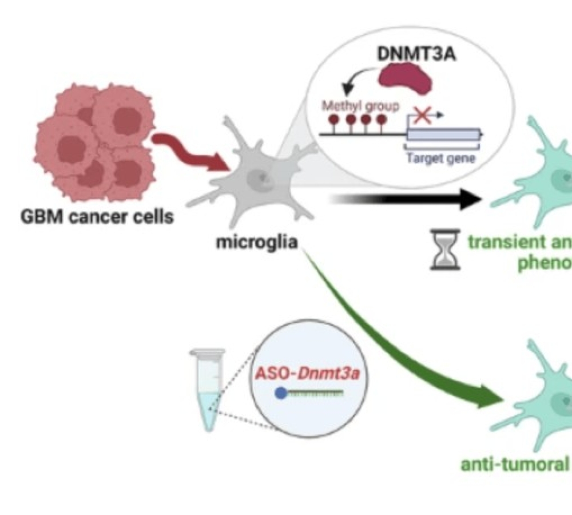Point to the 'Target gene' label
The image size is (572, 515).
click(x=440, y=158)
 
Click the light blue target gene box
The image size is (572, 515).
click(x=443, y=135)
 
